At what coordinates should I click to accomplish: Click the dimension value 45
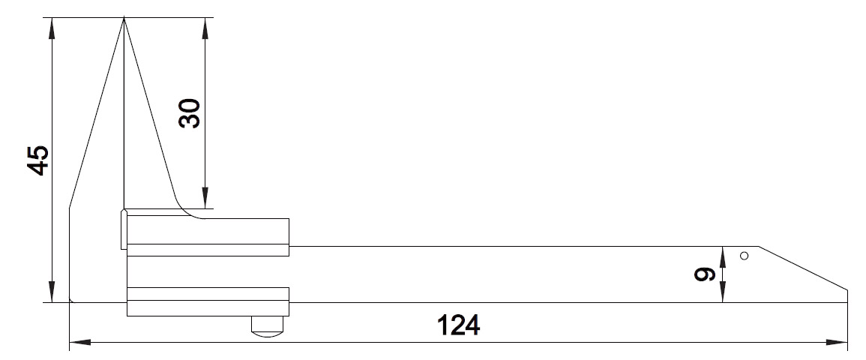(39, 160)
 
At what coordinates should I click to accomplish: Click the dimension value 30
(190, 113)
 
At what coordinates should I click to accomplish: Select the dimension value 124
(458, 325)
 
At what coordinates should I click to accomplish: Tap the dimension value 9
(704, 274)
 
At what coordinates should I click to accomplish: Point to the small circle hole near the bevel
(744, 256)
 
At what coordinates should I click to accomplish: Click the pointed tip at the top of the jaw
(124, 18)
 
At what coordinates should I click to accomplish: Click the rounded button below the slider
(268, 326)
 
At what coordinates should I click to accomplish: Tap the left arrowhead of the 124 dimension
(80, 342)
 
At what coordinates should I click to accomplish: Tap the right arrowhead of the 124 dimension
(837, 342)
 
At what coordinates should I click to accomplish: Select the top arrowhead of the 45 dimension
(52, 28)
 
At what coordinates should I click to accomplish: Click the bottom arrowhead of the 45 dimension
(52, 292)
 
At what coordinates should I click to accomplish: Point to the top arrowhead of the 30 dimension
(205, 28)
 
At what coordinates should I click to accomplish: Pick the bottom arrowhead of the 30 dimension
(205, 198)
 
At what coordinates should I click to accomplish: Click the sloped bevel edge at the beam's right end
(803, 268)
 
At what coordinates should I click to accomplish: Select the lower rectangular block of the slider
(208, 301)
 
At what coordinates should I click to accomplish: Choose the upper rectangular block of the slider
(208, 238)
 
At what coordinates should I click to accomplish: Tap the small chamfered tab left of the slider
(124, 229)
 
